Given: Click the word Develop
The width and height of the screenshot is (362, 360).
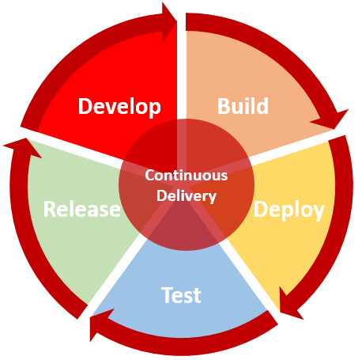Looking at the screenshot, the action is [119, 107].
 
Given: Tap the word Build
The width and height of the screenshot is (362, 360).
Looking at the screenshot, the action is [243, 106].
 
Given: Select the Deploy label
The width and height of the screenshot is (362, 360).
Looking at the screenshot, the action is [288, 210].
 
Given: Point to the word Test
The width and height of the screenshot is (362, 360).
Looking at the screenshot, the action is [181, 295].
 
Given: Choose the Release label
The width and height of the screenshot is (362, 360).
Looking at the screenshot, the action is [81, 209].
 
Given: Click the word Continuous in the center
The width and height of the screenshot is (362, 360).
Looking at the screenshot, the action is [186, 175].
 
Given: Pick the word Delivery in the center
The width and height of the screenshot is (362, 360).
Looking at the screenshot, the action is [187, 196].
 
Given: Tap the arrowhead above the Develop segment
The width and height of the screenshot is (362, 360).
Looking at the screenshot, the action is [169, 22].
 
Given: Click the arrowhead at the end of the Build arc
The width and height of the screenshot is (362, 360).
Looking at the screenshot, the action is [333, 120].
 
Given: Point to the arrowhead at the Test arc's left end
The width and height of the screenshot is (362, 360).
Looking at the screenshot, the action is [100, 324].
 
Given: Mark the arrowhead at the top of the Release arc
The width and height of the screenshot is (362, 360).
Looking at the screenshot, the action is [24, 146].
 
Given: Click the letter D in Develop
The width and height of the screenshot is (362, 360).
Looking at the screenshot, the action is [85, 106].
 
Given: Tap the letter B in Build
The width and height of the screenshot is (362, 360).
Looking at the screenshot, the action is [223, 106].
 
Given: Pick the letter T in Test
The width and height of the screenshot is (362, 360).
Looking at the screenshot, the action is [167, 294].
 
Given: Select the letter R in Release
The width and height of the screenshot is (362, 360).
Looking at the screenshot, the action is [49, 209].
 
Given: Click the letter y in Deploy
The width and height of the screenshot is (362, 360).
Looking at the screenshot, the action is [319, 213].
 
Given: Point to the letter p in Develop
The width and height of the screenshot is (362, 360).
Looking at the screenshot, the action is [154, 109].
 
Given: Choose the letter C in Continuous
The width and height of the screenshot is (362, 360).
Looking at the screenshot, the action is [149, 176].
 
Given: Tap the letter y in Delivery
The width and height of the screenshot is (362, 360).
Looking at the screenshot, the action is [212, 199].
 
